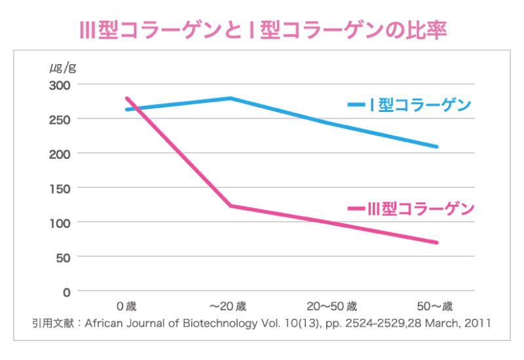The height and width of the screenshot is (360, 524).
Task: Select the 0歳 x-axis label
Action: coord(126,306)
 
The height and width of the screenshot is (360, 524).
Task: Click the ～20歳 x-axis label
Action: coord(228,306)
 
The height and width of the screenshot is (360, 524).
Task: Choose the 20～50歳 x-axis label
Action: coord(332,306)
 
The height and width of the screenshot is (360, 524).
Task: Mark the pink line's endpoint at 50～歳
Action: coord(436,242)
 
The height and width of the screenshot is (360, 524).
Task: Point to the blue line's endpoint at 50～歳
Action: coord(436,147)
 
